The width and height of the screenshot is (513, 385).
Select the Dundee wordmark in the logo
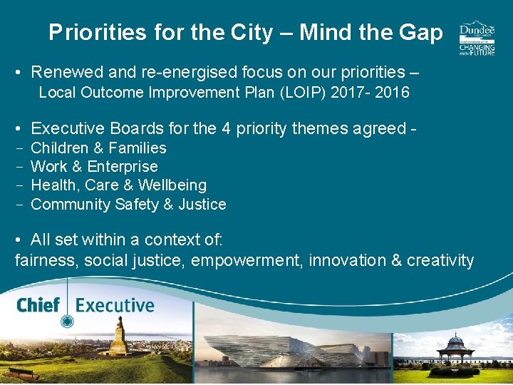click(477, 31)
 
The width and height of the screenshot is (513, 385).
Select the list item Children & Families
click(99, 148)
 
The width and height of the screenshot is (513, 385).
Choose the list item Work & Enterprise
click(95, 167)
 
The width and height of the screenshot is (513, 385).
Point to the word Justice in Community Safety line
click(202, 205)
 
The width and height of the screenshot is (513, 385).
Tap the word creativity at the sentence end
click(440, 260)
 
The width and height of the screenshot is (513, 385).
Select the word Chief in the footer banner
click(38, 306)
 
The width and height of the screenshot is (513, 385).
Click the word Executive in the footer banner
click(115, 306)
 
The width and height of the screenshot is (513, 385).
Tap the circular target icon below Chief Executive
click(67, 322)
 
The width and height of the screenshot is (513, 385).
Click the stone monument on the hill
click(118, 338)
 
